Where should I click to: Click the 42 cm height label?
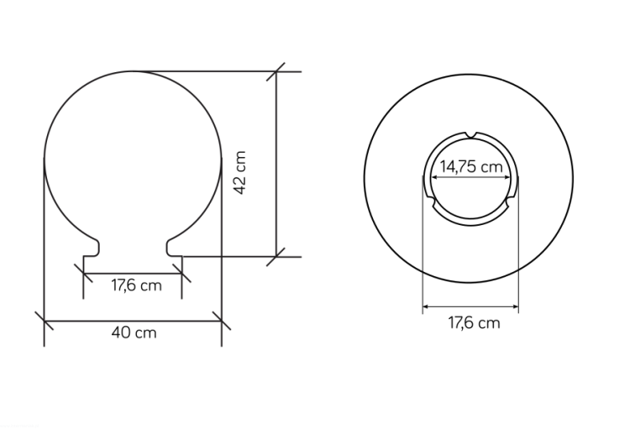click(x=239, y=172)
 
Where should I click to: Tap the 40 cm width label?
click(x=134, y=332)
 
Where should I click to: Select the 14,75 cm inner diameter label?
click(x=471, y=166)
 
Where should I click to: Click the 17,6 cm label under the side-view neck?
click(x=136, y=285)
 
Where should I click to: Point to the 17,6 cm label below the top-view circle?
click(x=474, y=322)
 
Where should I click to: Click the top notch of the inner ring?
click(x=471, y=134)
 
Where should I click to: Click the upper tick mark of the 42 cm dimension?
click(x=276, y=71)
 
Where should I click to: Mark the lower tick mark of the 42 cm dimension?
click(x=276, y=257)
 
